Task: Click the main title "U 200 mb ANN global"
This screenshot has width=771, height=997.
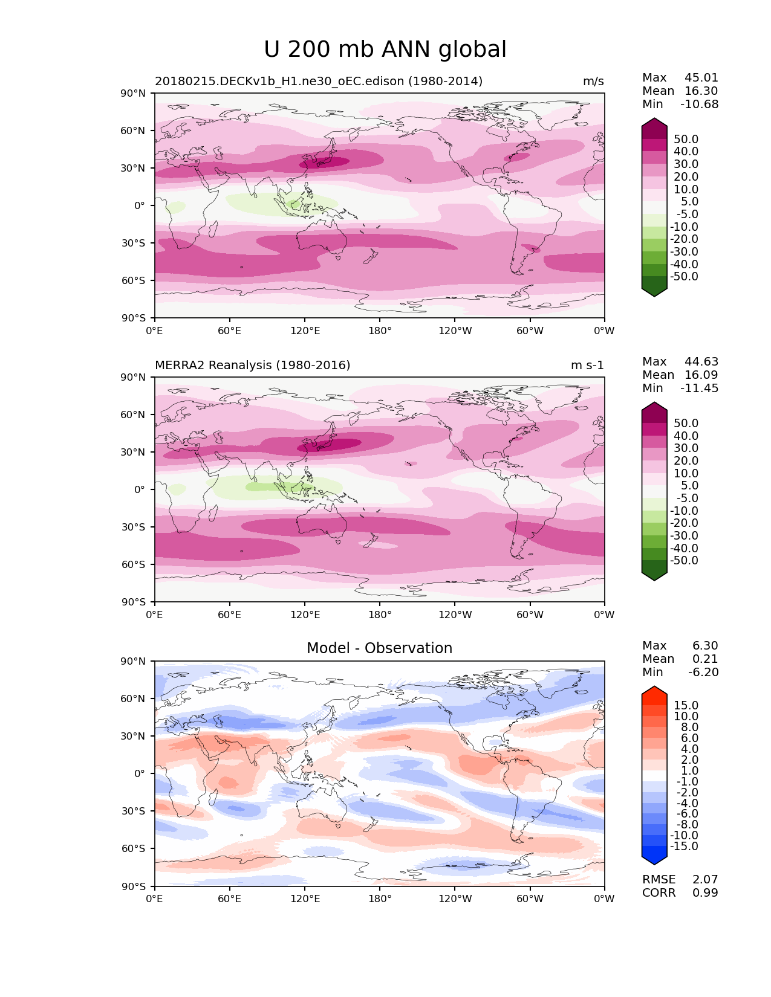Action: [385, 50]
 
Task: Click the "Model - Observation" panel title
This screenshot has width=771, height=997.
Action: [379, 648]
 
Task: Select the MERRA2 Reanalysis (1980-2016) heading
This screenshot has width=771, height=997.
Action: [252, 366]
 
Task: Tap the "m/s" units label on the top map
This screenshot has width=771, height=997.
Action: [593, 82]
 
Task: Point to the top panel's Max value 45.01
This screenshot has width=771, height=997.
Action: [701, 78]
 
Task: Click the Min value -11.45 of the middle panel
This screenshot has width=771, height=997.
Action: [699, 389]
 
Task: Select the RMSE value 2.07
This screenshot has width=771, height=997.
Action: [705, 880]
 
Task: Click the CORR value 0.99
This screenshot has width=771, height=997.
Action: [705, 893]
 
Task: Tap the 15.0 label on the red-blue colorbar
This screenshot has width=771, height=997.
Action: [686, 706]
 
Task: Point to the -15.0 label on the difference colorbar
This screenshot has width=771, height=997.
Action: [684, 847]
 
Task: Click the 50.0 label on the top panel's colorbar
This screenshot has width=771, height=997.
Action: [686, 140]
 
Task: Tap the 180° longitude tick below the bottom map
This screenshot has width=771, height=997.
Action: [380, 899]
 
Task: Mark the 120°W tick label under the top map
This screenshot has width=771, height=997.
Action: [455, 331]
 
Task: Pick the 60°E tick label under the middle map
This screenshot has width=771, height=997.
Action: [230, 615]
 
